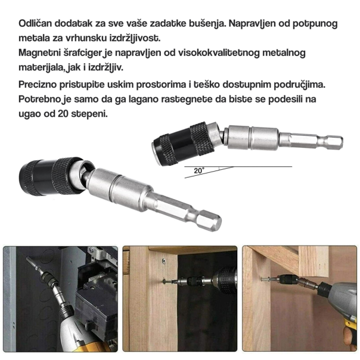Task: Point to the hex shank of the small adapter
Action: (322, 142)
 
